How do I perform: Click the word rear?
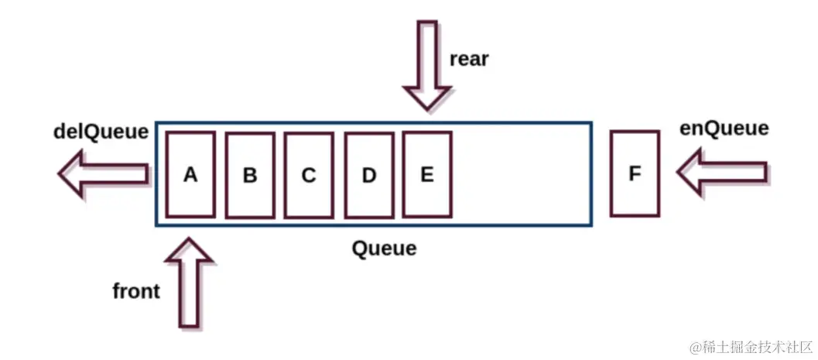click(x=468, y=59)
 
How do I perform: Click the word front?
click(x=136, y=291)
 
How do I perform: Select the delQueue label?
click(x=100, y=132)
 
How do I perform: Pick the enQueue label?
click(x=724, y=128)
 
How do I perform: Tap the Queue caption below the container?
click(x=384, y=249)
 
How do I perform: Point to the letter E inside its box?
click(x=426, y=175)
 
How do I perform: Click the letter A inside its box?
click(x=190, y=175)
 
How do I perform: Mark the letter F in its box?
click(x=635, y=174)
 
